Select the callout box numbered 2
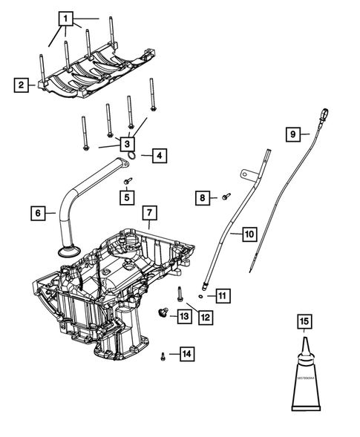click(x=22, y=85)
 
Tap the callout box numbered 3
click(x=127, y=143)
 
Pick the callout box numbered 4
click(x=159, y=156)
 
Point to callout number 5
click(x=127, y=197)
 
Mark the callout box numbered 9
click(x=295, y=134)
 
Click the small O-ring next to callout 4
click(x=132, y=154)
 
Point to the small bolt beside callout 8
click(x=226, y=197)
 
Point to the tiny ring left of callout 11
click(x=202, y=295)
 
